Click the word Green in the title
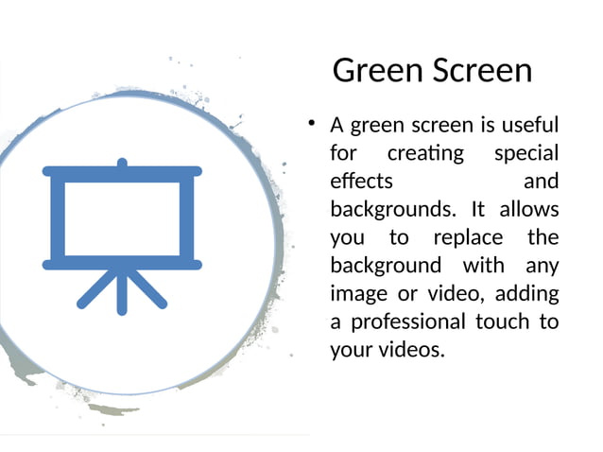[x=375, y=71]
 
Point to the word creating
[x=425, y=152]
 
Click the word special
[x=526, y=152]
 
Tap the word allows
[x=528, y=208]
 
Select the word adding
[x=526, y=292]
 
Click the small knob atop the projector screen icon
[x=121, y=164]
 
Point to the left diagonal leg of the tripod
[x=95, y=291]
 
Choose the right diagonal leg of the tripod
[x=148, y=291]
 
